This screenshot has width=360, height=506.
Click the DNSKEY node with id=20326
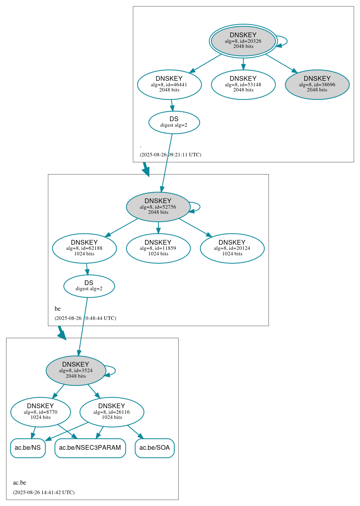pos(243,41)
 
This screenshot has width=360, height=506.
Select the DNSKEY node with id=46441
pos(169,84)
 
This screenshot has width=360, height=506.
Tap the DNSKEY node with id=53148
pos(243,84)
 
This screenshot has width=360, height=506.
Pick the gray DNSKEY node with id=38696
pos(317,84)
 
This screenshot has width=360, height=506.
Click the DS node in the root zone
pos(174,122)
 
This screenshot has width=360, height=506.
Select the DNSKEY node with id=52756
pos(158,207)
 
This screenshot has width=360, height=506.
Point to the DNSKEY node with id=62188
pos(84,248)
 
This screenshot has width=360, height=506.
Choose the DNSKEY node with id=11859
pos(158,248)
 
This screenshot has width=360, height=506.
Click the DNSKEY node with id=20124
pos(232,248)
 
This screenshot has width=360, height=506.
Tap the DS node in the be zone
pos(89,286)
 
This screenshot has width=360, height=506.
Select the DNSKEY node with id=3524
pos(76,370)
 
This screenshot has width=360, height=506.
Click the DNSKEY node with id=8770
pos(40,412)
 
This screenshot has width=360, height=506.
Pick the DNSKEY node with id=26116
pos(112,412)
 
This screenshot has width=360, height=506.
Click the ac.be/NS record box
pos(28,448)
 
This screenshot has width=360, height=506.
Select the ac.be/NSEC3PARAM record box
pos(90,448)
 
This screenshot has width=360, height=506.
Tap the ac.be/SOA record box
pos(154,448)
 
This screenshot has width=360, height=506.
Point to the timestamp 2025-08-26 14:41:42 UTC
pos(44,493)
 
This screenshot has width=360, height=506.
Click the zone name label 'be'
pos(57,309)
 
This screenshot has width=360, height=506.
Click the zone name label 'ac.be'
pos(19,483)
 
